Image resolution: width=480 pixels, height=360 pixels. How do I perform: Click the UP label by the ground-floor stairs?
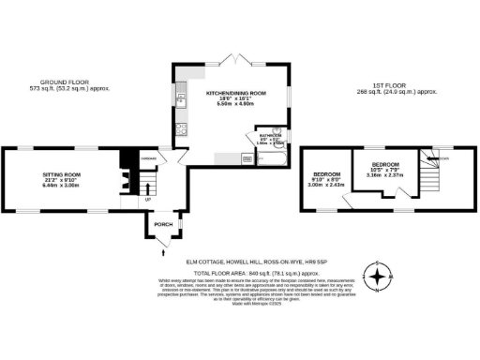tap(146, 199)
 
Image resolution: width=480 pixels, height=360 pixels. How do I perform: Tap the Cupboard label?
tap(149, 157)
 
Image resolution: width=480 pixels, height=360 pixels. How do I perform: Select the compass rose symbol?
tap(379, 277)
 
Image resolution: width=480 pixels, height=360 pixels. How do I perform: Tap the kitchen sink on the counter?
tap(180, 98)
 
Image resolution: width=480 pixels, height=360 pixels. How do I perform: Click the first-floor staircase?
tap(430, 172)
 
